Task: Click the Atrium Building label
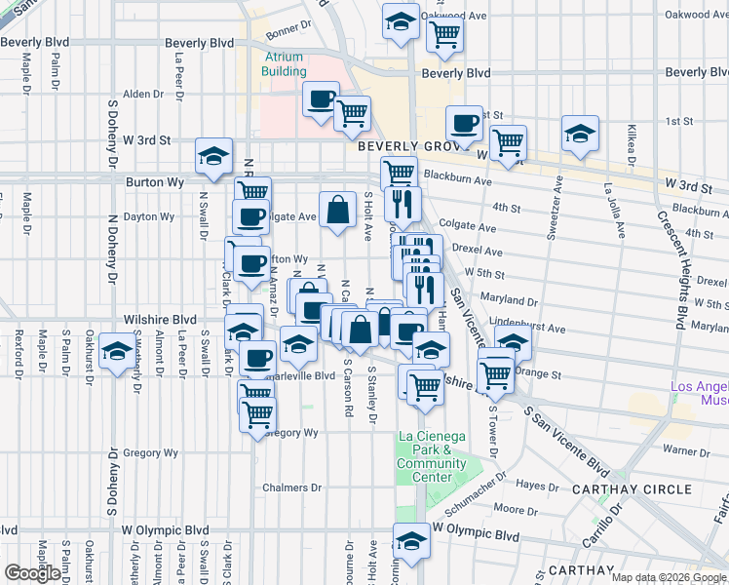click(285, 63)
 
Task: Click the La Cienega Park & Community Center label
click(432, 456)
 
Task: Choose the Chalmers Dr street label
click(291, 487)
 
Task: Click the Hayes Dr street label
click(537, 485)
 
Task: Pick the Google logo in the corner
click(33, 573)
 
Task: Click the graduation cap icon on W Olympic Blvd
click(411, 542)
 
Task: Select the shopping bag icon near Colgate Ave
click(337, 209)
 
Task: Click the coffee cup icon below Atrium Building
click(321, 99)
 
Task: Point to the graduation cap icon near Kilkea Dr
click(580, 134)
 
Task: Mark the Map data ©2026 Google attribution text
click(669, 576)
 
